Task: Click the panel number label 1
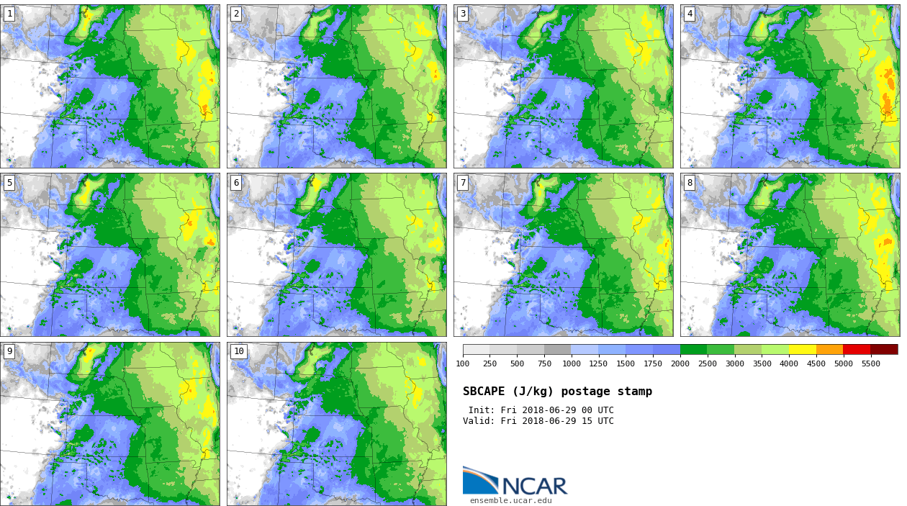point(9,14)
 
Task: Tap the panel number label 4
point(690,14)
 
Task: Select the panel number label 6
point(236,183)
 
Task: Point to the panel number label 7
point(463,183)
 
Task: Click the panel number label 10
point(238,351)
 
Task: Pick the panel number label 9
point(9,351)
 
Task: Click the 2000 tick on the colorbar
point(680,363)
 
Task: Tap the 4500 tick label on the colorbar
point(816,363)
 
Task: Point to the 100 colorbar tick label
point(463,363)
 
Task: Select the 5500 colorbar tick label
point(870,363)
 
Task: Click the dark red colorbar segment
point(884,349)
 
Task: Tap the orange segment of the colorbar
point(829,349)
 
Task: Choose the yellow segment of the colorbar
point(803,349)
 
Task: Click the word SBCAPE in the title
point(484,392)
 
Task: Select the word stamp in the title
point(634,392)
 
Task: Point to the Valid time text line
point(538,421)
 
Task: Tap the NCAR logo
point(515,481)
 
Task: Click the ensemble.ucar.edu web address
point(510,500)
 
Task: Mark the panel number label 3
point(463,14)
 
